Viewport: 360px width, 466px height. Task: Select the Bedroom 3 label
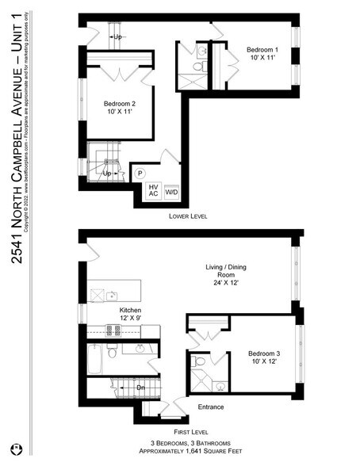(x=263, y=353)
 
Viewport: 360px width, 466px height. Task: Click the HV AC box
(x=153, y=191)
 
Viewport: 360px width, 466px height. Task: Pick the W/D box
(x=172, y=193)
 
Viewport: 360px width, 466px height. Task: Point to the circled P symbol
(x=140, y=174)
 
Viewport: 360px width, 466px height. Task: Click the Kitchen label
(x=131, y=310)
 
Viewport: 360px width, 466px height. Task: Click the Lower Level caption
(x=190, y=216)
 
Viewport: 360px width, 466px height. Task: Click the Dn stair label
(x=140, y=388)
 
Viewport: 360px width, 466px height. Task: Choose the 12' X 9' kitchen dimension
(x=131, y=318)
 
